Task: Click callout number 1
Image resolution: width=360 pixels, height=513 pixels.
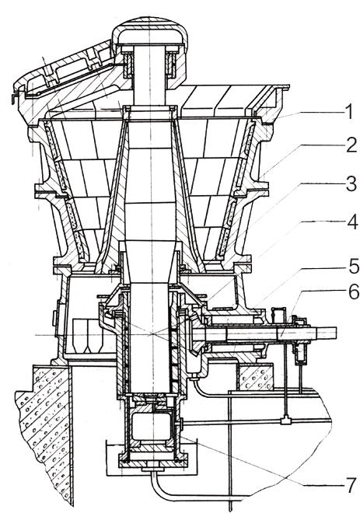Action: (349, 112)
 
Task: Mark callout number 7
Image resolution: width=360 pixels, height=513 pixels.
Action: (351, 485)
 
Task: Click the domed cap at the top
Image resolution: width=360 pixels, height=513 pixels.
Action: (150, 32)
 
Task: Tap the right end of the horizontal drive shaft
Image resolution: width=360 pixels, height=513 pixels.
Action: (336, 333)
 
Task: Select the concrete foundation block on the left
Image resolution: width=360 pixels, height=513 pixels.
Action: (43, 425)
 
